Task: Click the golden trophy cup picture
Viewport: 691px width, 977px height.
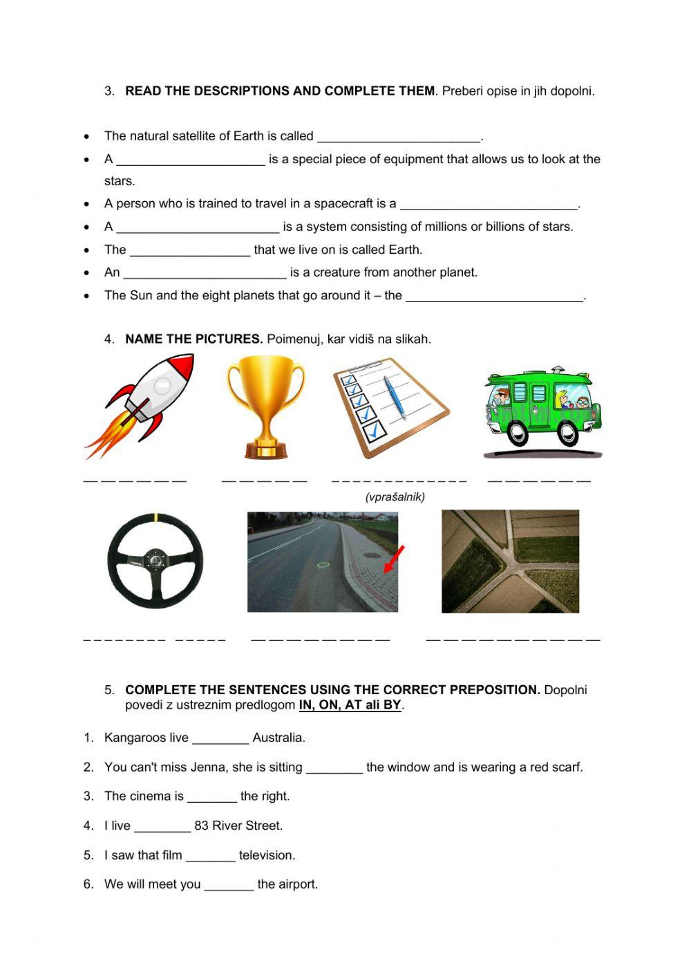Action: [265, 406]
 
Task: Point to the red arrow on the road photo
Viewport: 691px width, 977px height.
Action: [394, 559]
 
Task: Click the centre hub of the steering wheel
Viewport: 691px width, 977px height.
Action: [155, 560]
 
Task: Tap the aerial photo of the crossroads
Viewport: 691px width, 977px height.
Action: [510, 561]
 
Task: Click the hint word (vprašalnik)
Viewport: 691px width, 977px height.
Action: [395, 497]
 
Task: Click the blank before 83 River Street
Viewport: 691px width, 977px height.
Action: [162, 826]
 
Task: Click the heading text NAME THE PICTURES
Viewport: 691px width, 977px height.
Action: [193, 339]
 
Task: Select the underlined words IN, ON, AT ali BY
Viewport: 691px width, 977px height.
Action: [350, 705]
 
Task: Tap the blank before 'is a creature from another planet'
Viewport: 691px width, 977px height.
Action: [205, 272]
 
